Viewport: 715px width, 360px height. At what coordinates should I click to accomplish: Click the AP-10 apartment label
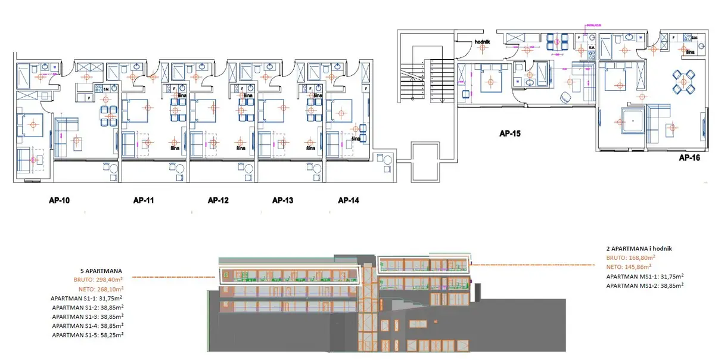point(59,200)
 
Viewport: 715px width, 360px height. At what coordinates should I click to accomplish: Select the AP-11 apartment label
point(144,200)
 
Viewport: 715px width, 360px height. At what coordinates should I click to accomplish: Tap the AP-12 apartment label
point(218,200)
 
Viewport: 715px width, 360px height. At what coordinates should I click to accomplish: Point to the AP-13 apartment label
point(282,200)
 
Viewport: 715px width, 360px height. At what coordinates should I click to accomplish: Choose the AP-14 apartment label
point(349,200)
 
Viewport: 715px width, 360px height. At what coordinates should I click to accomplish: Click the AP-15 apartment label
point(510,135)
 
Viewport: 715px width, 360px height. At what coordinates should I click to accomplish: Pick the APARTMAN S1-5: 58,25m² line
point(88,336)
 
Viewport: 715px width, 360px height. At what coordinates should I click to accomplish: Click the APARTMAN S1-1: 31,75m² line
point(88,297)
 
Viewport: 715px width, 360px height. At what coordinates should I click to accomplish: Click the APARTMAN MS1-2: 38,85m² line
point(645,286)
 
